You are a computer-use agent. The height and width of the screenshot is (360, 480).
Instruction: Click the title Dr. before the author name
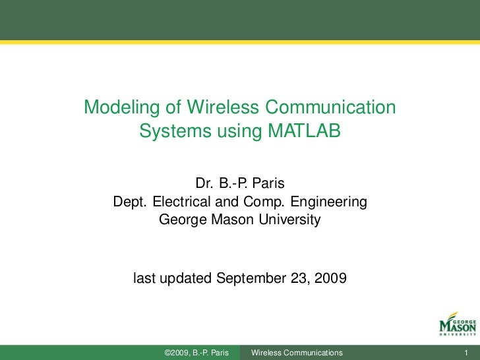(204, 183)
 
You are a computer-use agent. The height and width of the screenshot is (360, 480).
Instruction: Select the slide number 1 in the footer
(466, 353)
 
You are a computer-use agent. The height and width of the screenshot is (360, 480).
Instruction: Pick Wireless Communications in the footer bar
(297, 353)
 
